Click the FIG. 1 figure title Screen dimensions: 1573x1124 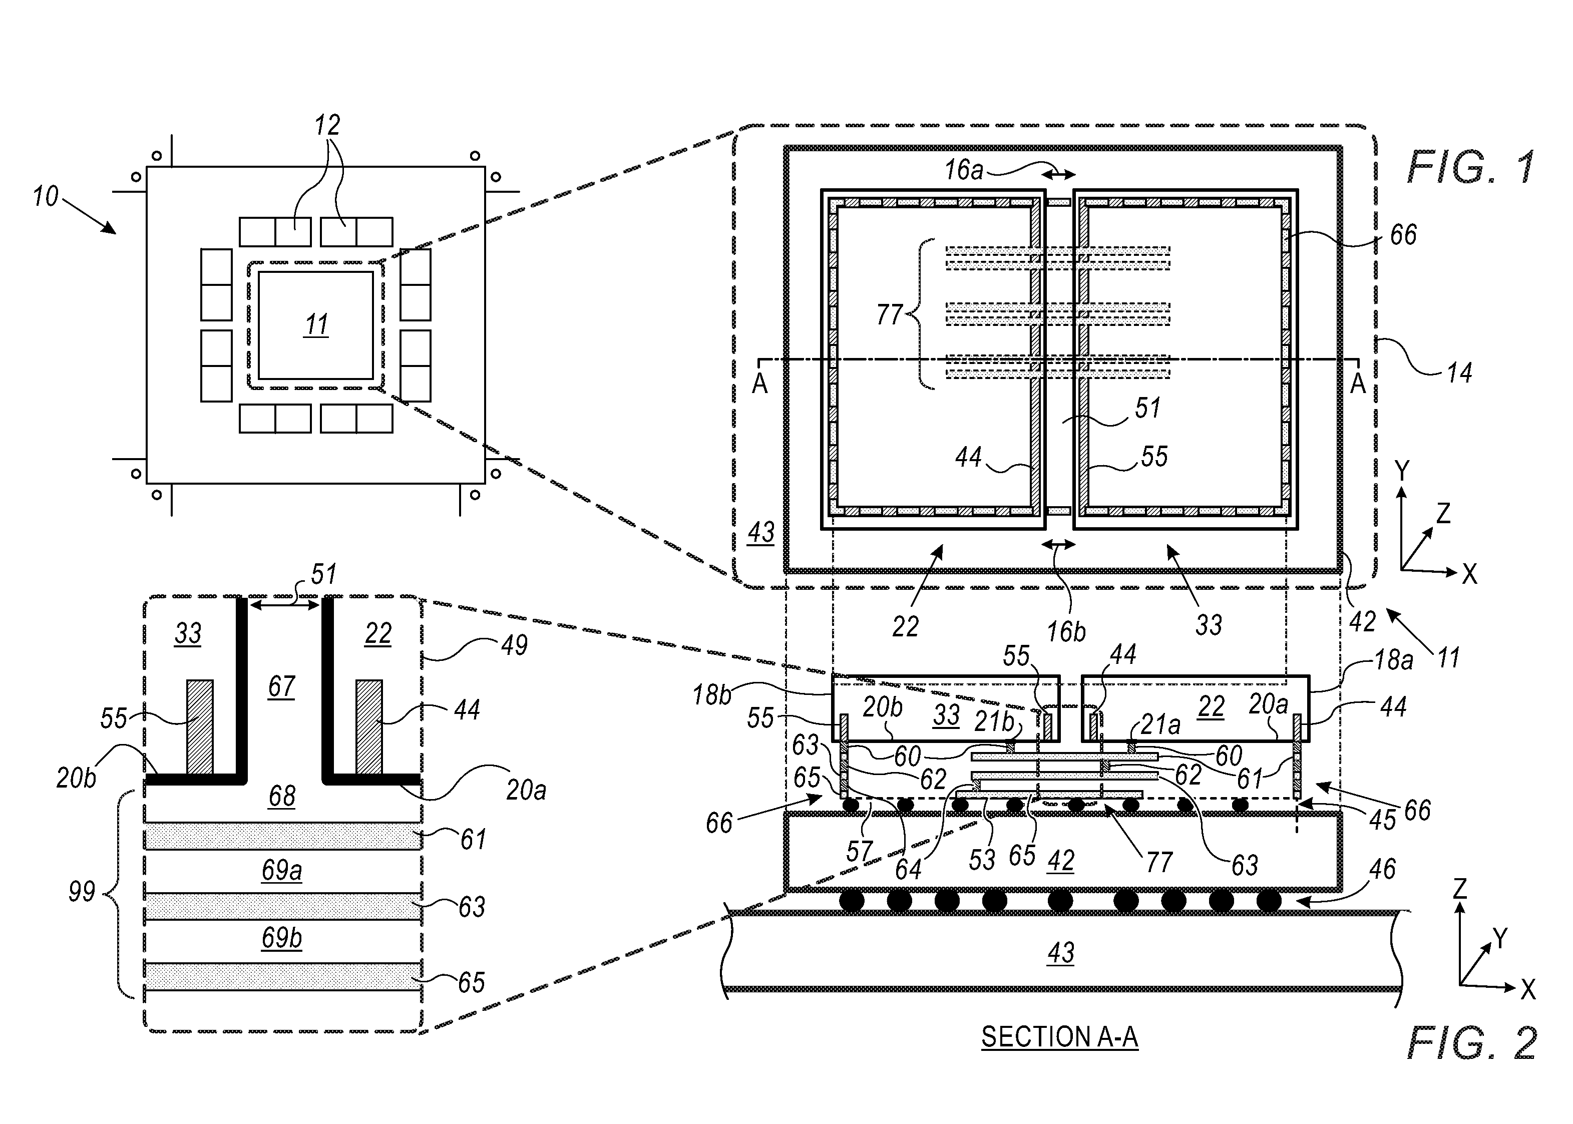pyautogui.click(x=1470, y=168)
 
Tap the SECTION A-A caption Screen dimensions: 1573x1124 pyautogui.click(x=1059, y=1037)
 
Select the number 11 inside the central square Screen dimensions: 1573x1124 pyautogui.click(x=316, y=324)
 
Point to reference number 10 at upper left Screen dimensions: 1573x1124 pyautogui.click(x=46, y=197)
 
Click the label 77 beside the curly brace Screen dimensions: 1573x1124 pyautogui.click(x=889, y=315)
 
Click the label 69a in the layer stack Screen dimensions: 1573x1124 pyautogui.click(x=282, y=870)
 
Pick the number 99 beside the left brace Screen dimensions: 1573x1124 pyautogui.click(x=81, y=892)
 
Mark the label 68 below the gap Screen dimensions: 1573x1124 pyautogui.click(x=282, y=797)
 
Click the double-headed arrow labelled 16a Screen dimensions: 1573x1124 pyautogui.click(x=1059, y=176)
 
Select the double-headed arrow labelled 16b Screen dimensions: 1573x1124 pyautogui.click(x=1059, y=545)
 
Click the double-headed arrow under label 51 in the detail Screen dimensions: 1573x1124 pyautogui.click(x=284, y=605)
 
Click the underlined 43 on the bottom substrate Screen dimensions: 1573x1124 pyautogui.click(x=1061, y=953)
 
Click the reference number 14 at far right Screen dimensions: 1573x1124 pyautogui.click(x=1459, y=373)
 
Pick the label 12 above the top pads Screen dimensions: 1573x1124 pyautogui.click(x=327, y=125)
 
